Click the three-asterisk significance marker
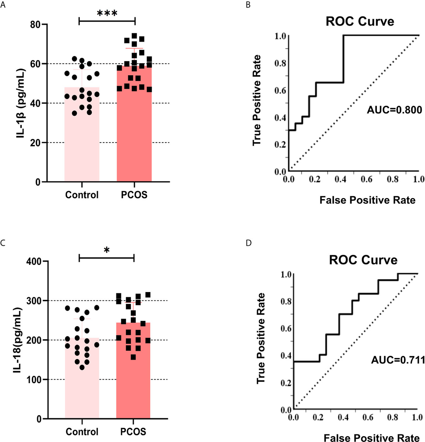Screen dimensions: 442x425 pos(107,13)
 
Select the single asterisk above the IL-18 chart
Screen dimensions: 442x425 pos(107,250)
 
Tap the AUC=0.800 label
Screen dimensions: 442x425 pos(394,110)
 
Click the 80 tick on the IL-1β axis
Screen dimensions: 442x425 pos(35,24)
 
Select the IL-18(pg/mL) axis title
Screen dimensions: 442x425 pos(18,340)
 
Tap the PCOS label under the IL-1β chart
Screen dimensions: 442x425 pos(134,195)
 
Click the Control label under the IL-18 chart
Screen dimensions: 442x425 pos(82,432)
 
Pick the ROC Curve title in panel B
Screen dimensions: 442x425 pos(360,21)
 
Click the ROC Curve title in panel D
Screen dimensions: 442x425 pos(363,260)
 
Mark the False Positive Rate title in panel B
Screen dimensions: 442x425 pos(367,200)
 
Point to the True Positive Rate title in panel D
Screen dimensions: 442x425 pos(261,339)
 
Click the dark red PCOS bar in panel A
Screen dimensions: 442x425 pos(134,142)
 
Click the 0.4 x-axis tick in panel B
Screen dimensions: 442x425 pos(341,179)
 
